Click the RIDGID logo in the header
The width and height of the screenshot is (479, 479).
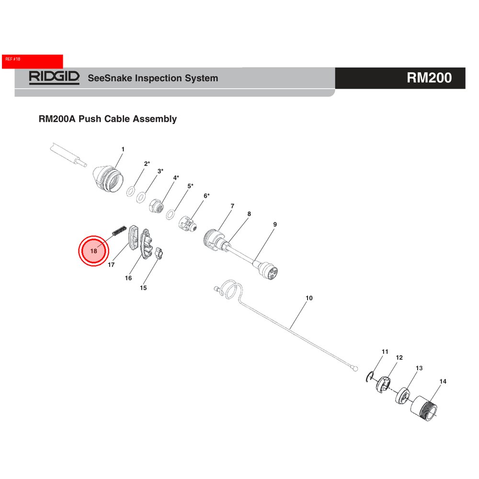coord(54,78)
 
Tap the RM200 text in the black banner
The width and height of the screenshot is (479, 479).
coord(429,78)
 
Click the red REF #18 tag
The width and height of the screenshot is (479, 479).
coord(33,61)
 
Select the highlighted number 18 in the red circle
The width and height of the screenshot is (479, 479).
coord(93,251)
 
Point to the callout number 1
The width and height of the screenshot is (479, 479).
coord(123,149)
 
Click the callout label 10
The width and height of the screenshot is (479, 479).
coord(309,298)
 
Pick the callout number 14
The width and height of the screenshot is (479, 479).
coord(443,381)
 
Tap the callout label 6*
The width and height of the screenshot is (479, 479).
coord(206,196)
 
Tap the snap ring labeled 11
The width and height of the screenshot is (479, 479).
coord(370,377)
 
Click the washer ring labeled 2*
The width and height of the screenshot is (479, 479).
coord(131,192)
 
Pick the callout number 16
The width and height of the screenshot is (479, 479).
coord(128,278)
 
